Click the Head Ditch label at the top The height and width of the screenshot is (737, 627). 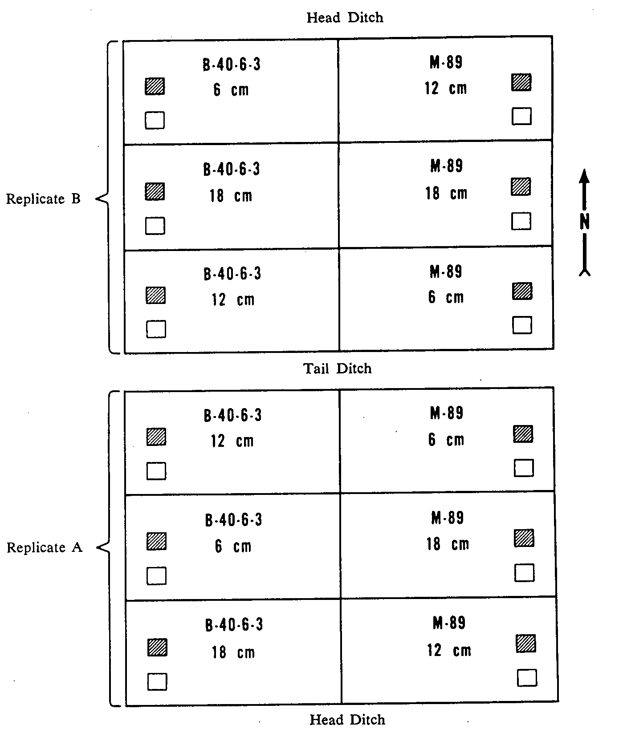click(x=345, y=18)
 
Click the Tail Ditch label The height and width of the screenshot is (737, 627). click(x=337, y=368)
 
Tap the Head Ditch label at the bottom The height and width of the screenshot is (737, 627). click(x=347, y=720)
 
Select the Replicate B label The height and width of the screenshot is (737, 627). click(x=43, y=198)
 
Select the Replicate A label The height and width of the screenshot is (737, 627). click(x=45, y=547)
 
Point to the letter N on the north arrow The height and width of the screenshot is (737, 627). click(x=585, y=221)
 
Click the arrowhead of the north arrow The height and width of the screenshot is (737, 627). click(x=585, y=176)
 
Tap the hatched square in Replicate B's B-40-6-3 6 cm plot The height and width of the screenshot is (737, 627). click(x=155, y=86)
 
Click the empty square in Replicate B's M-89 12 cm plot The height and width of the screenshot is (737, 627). click(x=521, y=116)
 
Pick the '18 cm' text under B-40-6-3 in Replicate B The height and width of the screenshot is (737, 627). click(x=231, y=196)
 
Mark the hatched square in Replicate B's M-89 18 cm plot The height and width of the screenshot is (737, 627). click(x=521, y=186)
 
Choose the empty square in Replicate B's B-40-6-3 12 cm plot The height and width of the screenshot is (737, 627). click(x=156, y=329)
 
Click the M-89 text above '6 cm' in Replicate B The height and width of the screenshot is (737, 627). click(x=446, y=271)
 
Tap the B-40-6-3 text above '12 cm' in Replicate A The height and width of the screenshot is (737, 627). click(x=233, y=415)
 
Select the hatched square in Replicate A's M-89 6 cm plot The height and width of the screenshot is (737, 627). click(x=523, y=433)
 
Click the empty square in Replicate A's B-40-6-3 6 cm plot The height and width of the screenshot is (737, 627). click(x=156, y=576)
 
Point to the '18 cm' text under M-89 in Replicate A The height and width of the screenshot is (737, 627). click(x=448, y=544)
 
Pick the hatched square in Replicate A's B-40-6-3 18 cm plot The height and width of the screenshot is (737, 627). click(x=157, y=647)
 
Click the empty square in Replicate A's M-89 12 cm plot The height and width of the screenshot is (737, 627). click(x=527, y=678)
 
